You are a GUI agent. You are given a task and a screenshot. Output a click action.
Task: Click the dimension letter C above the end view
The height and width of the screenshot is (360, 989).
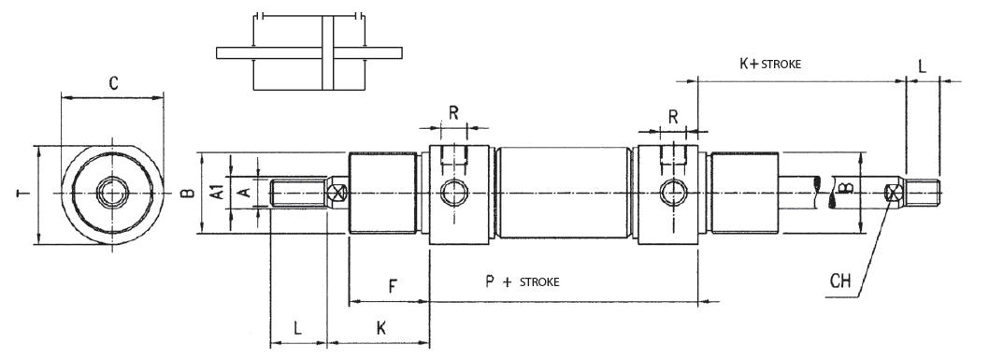[x=113, y=84]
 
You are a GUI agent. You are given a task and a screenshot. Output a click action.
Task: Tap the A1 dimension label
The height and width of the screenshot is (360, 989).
[x=217, y=192]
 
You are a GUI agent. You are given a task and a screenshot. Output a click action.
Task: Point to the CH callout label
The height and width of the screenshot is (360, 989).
[x=839, y=281]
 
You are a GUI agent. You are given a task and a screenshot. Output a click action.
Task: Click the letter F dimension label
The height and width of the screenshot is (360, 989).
[x=393, y=287]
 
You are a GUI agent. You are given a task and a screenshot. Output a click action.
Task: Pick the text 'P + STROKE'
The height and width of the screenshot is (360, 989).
[x=523, y=281]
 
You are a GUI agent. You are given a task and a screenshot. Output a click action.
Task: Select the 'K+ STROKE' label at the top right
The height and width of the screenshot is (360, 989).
[x=770, y=63]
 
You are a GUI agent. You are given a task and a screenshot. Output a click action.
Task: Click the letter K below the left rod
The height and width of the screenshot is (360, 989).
[x=381, y=328]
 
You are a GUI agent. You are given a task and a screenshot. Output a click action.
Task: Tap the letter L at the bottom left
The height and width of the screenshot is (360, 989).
[x=297, y=328]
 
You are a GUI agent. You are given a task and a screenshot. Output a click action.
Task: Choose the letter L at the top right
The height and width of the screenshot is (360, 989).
[x=922, y=66]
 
